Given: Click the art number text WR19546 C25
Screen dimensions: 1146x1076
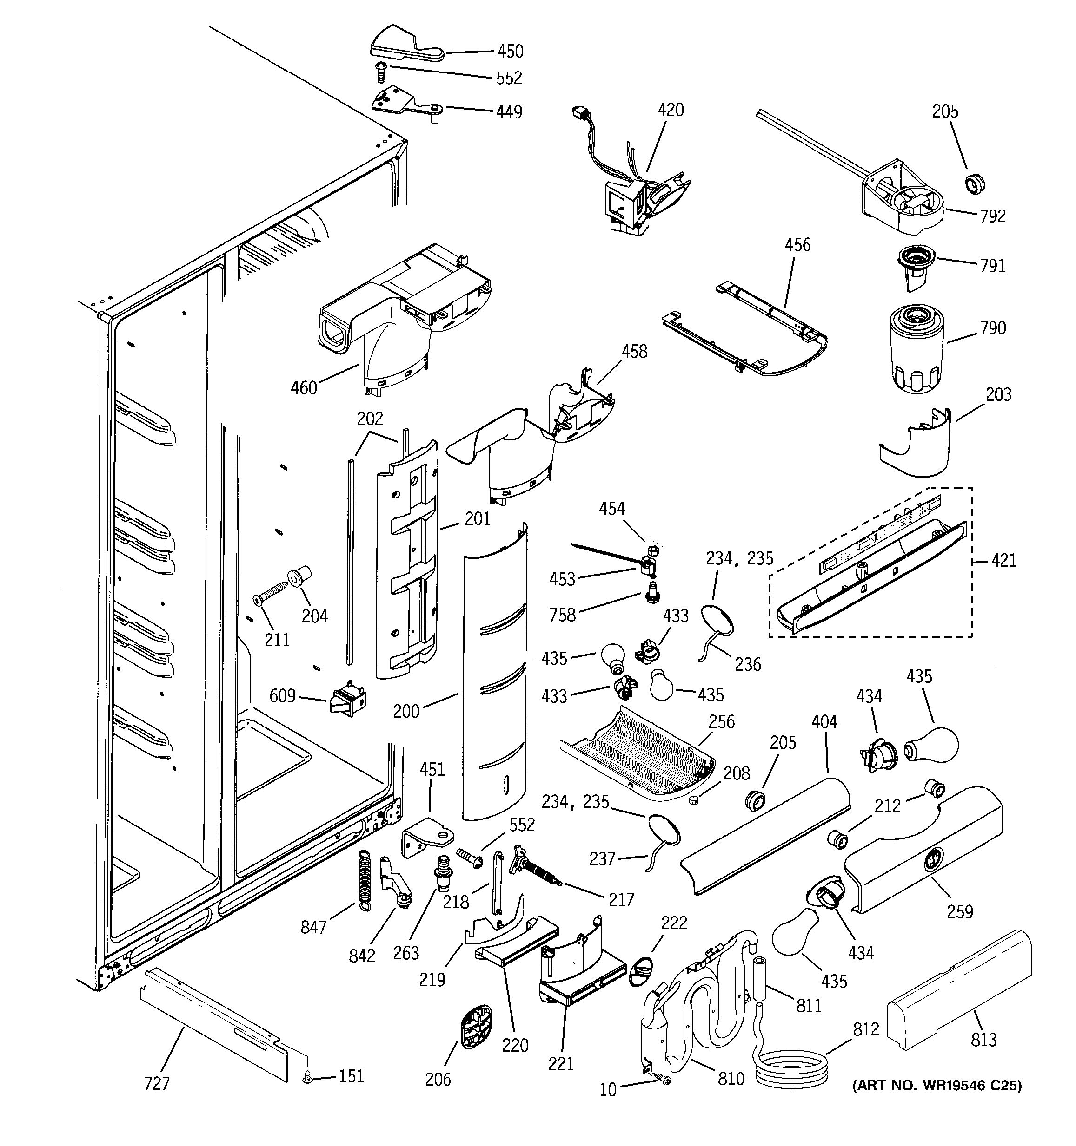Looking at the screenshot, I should pyautogui.click(x=937, y=1086).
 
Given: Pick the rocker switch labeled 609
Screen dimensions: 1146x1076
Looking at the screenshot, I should pyautogui.click(x=347, y=701).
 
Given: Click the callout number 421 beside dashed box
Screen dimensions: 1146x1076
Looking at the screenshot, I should pyautogui.click(x=1003, y=560).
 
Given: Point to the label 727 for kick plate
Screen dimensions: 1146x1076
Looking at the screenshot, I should pyautogui.click(x=156, y=1084).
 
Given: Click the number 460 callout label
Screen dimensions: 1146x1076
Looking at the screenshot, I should pyautogui.click(x=304, y=387).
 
